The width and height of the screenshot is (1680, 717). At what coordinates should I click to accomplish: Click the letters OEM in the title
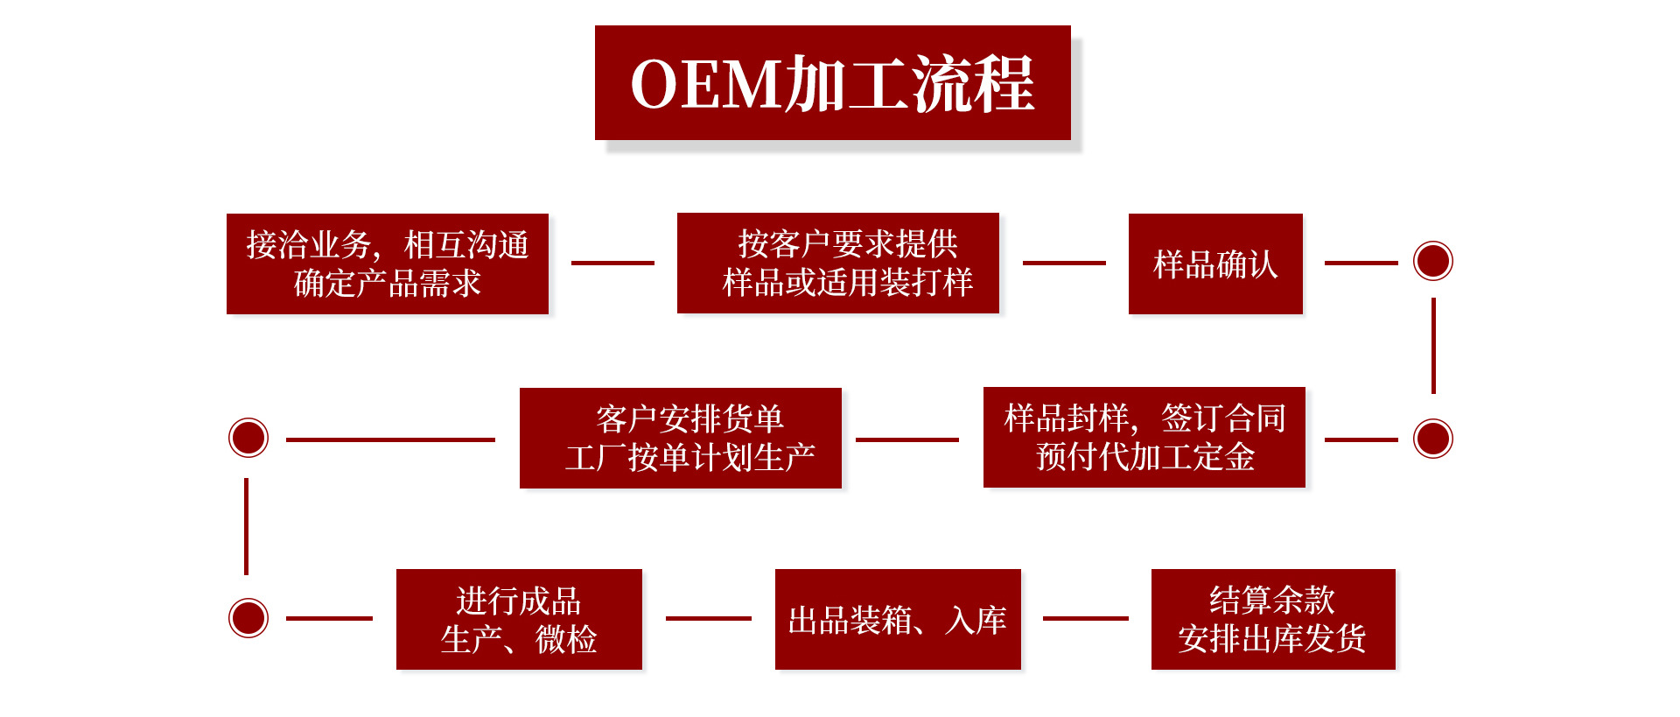[x=704, y=85]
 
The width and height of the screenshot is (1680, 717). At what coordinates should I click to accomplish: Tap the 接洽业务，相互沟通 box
[x=387, y=264]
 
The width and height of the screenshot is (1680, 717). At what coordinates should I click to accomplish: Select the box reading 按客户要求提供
[x=837, y=263]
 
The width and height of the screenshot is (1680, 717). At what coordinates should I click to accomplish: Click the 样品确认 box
[x=1215, y=264]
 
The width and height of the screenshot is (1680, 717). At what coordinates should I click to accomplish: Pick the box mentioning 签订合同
[x=1144, y=437]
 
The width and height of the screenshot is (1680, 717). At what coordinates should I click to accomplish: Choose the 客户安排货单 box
[x=680, y=438]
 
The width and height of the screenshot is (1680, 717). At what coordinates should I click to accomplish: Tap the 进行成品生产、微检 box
[x=519, y=619]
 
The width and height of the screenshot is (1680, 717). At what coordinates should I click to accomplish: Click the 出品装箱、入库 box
[x=898, y=619]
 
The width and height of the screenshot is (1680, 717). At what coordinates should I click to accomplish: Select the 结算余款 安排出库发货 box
[x=1273, y=619]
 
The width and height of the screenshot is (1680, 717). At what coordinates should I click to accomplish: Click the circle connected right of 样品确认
[x=1433, y=261]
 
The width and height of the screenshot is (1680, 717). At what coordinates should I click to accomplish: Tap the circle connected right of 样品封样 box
[x=1433, y=439]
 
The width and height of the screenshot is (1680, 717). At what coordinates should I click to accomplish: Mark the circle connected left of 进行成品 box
[x=248, y=618]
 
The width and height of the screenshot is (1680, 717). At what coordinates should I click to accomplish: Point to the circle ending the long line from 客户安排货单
[x=248, y=438]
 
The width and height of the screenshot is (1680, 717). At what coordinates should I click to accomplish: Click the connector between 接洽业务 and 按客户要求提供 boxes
[x=612, y=263]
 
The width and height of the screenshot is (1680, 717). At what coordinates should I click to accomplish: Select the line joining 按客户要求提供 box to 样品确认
[x=1064, y=263]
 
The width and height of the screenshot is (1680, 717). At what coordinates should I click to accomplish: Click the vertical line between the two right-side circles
[x=1433, y=346]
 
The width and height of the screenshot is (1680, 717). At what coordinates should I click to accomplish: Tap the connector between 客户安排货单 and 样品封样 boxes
[x=907, y=439]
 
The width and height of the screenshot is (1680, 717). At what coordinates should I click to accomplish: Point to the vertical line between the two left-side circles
[x=247, y=526]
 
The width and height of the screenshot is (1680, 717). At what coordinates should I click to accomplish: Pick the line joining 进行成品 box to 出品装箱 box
[x=709, y=618]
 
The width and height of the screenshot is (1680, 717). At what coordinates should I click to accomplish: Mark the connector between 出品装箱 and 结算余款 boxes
[x=1086, y=618]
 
